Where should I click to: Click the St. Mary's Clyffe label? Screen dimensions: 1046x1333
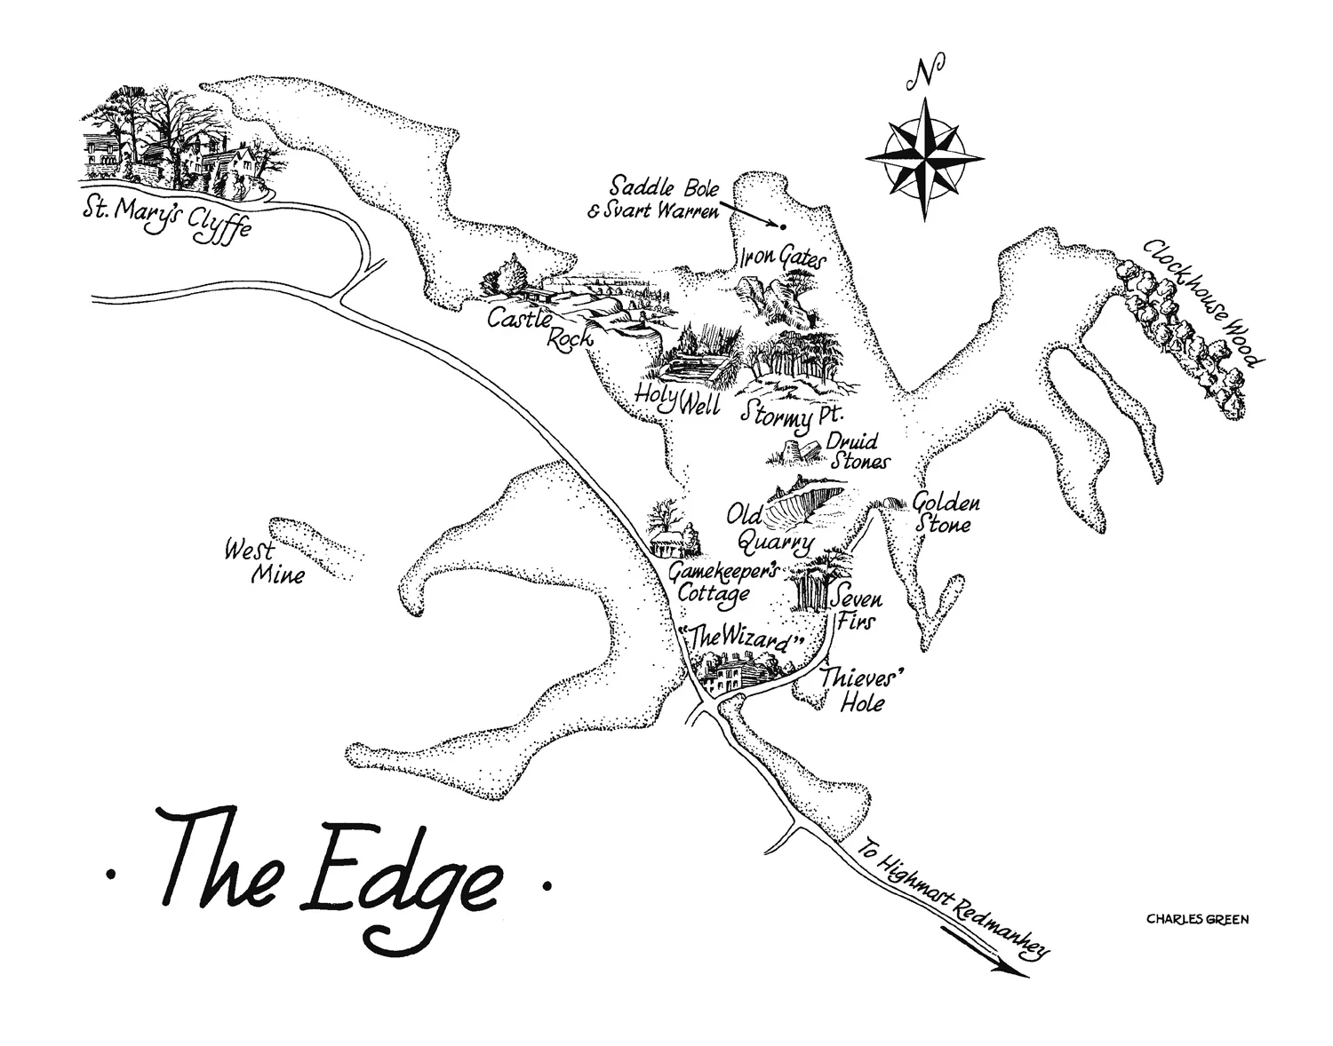[164, 217]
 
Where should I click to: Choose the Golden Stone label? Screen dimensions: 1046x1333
[945, 513]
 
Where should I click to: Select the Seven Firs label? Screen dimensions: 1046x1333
[854, 610]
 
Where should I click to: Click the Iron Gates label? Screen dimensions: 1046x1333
[782, 259]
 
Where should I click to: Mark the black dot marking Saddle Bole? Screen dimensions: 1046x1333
[783, 226]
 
